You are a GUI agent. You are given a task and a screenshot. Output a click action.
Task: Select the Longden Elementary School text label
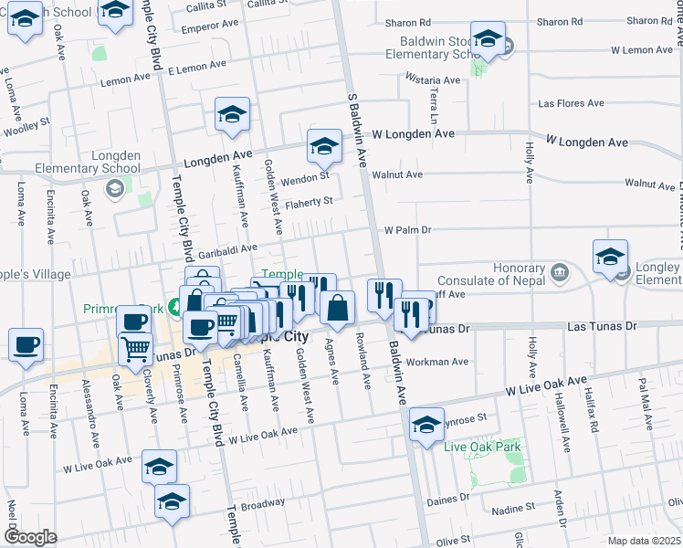[x=88, y=162]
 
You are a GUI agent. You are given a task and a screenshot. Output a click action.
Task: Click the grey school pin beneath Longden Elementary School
[x=115, y=189]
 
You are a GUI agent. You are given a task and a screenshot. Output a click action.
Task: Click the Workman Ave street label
[x=437, y=363]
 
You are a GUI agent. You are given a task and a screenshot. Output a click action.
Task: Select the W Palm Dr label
[x=406, y=230]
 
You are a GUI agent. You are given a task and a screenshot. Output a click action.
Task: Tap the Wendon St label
[x=304, y=176]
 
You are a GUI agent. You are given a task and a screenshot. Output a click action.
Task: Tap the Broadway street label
[x=263, y=503]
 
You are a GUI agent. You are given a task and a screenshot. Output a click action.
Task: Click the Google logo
[x=30, y=537]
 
